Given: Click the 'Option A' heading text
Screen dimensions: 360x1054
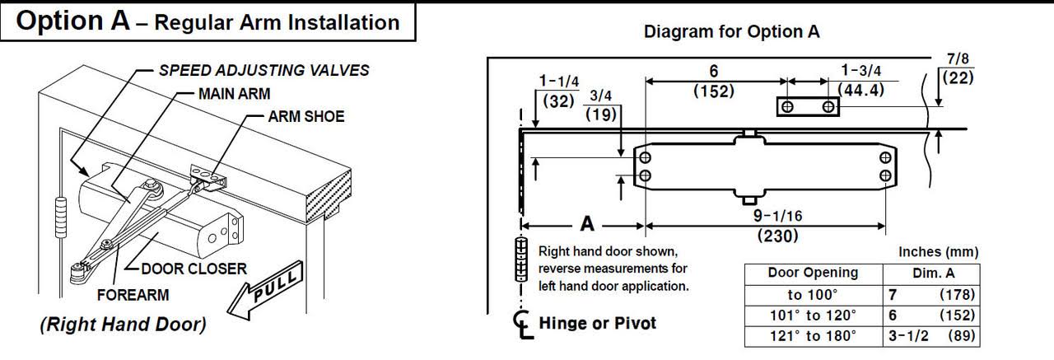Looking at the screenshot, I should click(x=72, y=22).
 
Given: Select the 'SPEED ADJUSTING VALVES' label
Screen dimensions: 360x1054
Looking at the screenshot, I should click(x=263, y=70).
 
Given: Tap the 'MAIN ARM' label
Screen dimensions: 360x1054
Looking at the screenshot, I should click(x=234, y=93).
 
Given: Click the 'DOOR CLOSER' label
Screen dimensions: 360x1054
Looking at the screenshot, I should click(x=194, y=268).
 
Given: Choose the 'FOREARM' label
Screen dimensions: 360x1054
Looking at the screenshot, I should click(x=133, y=294).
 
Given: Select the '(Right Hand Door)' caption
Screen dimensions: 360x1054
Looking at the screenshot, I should click(x=123, y=325).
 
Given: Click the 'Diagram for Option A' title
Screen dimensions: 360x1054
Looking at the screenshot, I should click(x=731, y=32).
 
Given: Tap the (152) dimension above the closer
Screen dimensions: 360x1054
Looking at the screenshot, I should click(x=712, y=91).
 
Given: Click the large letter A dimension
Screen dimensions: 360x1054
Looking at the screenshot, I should click(x=587, y=223).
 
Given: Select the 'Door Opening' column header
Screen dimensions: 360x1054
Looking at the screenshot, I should click(x=813, y=273).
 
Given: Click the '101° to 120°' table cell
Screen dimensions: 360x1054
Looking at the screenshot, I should click(x=813, y=316).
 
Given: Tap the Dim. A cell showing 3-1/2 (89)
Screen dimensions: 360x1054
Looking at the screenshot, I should click(x=931, y=336).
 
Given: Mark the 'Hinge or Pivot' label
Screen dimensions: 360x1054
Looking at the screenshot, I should click(x=597, y=323).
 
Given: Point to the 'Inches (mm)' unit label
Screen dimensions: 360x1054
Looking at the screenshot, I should click(x=938, y=253).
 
